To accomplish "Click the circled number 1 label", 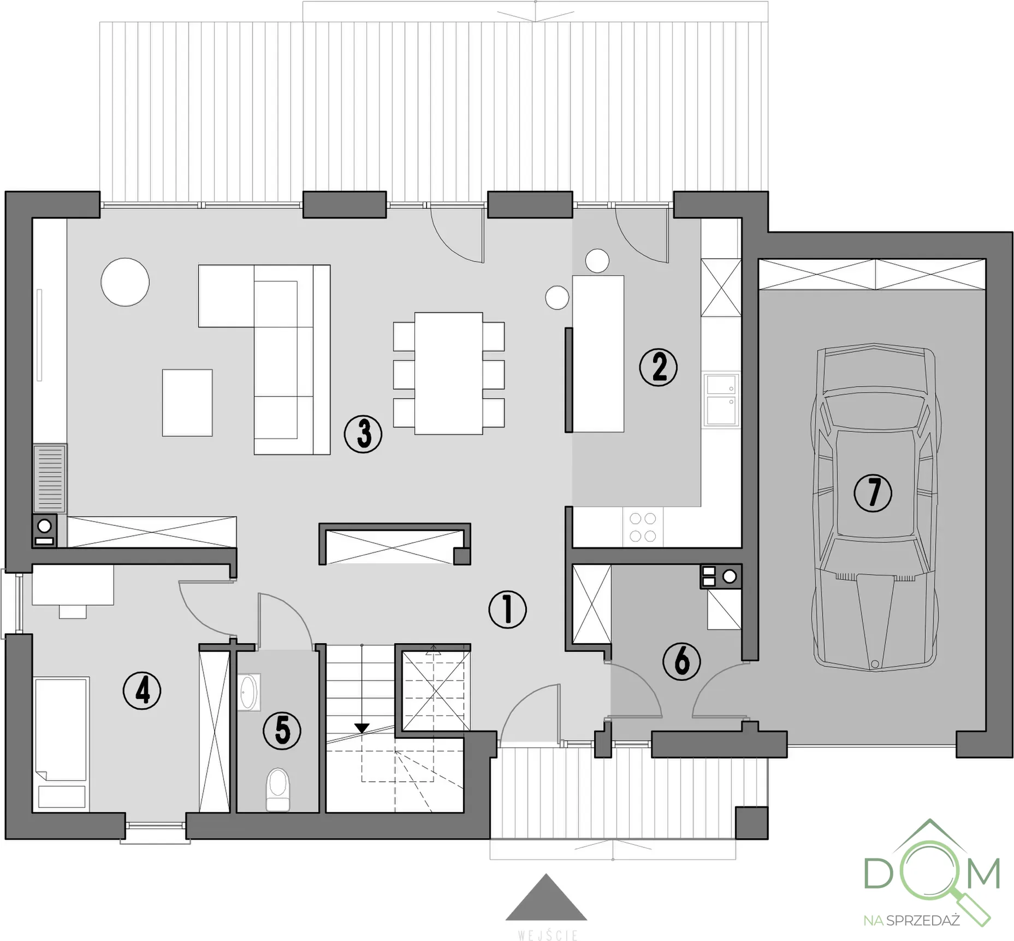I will pyautogui.click(x=507, y=609).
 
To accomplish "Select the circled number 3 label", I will pyautogui.click(x=363, y=434).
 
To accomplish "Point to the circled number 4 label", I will pyautogui.click(x=142, y=691).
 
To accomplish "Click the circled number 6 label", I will pyautogui.click(x=681, y=661).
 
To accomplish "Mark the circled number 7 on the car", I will pyautogui.click(x=873, y=493).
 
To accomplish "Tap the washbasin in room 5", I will pyautogui.click(x=248, y=692).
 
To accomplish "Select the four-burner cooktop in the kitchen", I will pyautogui.click(x=643, y=527).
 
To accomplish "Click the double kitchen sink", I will pyautogui.click(x=721, y=399).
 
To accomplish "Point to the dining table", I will pyautogui.click(x=448, y=373).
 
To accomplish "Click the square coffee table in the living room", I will pyautogui.click(x=187, y=402).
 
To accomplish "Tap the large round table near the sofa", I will pyautogui.click(x=125, y=282).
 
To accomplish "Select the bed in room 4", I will pyautogui.click(x=61, y=743).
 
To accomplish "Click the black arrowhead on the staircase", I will pyautogui.click(x=361, y=728).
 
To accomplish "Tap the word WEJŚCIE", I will pyautogui.click(x=547, y=935).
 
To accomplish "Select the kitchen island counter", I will pyautogui.click(x=598, y=354).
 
